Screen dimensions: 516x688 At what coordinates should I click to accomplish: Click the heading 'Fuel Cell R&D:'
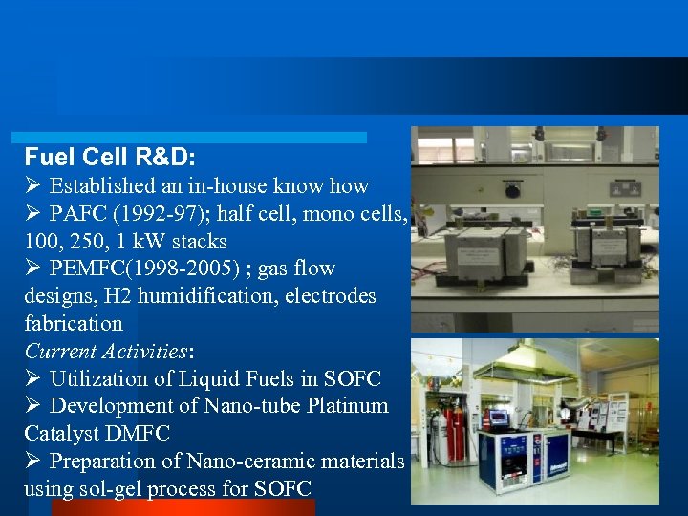[111, 157]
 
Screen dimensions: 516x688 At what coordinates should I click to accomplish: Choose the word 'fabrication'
[74, 323]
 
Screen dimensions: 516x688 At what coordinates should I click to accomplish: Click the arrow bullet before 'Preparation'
[32, 461]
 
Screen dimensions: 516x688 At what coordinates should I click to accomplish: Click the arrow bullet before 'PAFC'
[32, 213]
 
